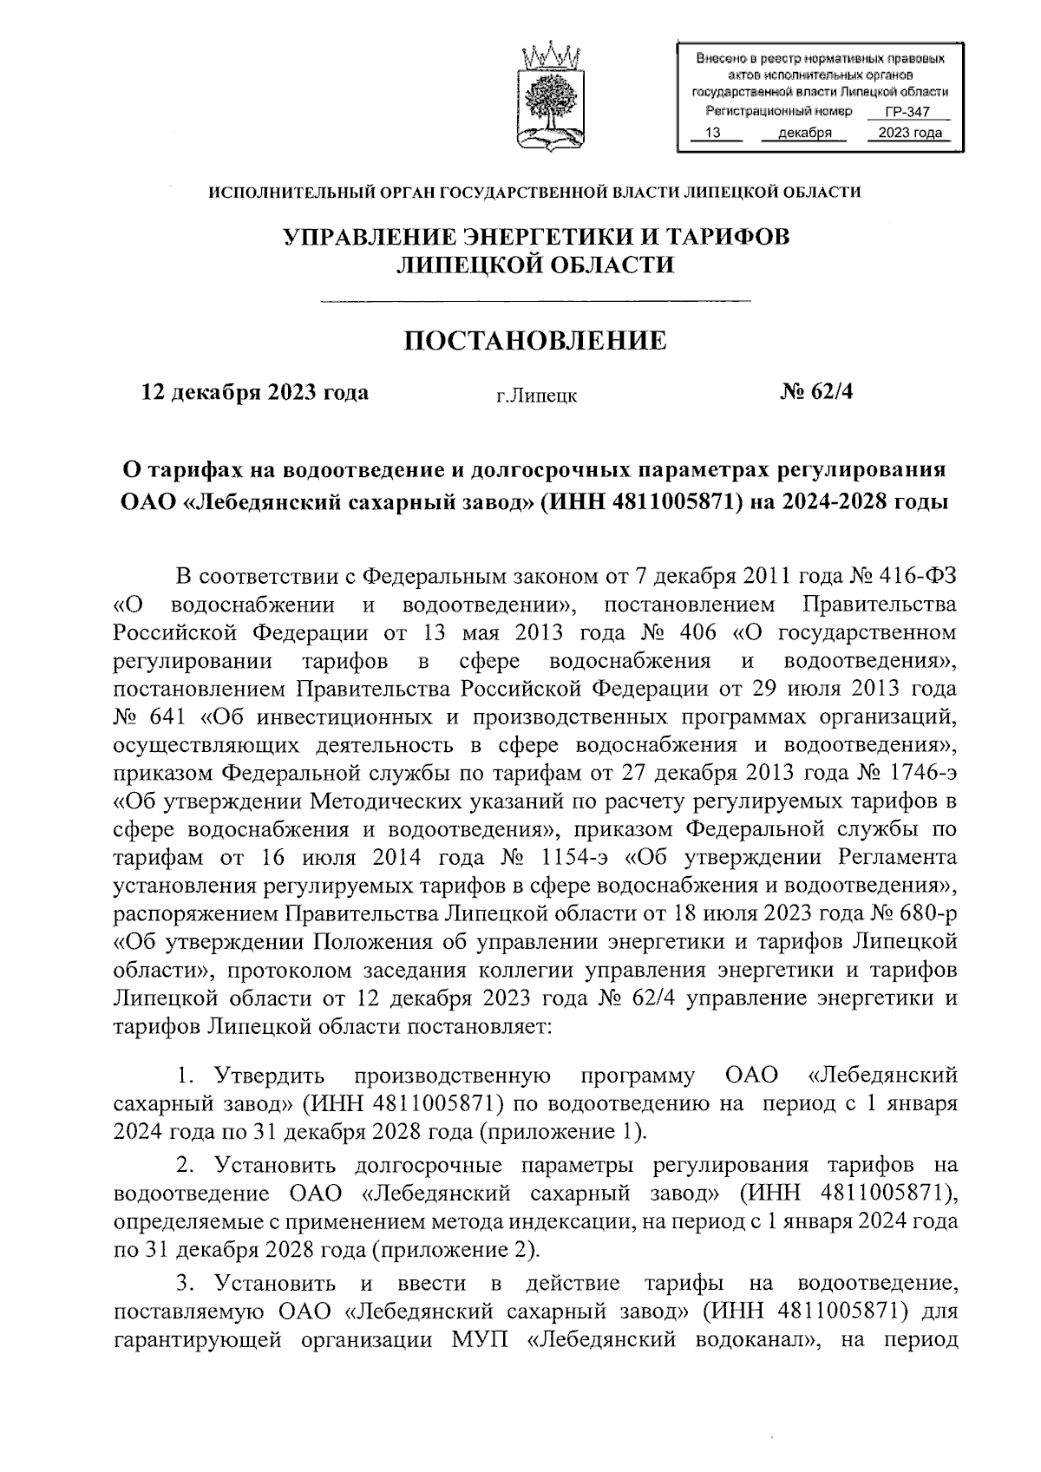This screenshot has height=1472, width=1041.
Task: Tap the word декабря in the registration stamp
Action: pyautogui.click(x=805, y=133)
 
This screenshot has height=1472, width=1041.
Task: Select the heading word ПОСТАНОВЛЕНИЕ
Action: pyautogui.click(x=535, y=341)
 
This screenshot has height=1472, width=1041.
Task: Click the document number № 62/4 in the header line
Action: pyautogui.click(x=816, y=392)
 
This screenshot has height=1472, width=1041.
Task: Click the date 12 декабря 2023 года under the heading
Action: pyautogui.click(x=255, y=392)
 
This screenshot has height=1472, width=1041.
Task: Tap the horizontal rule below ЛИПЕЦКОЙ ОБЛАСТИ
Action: pyautogui.click(x=535, y=300)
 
